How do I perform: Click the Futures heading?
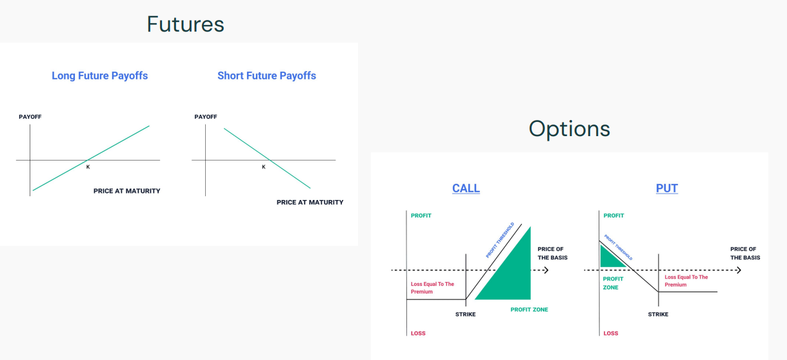point(186,25)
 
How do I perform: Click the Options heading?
point(569,128)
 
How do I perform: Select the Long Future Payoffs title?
point(100,75)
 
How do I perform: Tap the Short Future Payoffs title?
point(266,75)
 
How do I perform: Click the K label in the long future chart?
point(88,167)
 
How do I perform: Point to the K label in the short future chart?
point(263,167)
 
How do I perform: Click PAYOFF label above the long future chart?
point(30,117)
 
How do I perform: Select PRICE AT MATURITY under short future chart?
point(310,203)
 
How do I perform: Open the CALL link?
point(466,188)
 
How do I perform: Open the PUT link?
point(667,188)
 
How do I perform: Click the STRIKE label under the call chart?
point(466,314)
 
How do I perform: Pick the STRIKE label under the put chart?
point(658,314)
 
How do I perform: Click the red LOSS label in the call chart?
point(418,334)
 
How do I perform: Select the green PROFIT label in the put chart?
point(613,215)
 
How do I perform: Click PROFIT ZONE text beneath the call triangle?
point(529,310)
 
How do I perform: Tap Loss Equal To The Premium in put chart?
point(686,281)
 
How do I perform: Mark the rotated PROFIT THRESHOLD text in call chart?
point(500,240)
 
